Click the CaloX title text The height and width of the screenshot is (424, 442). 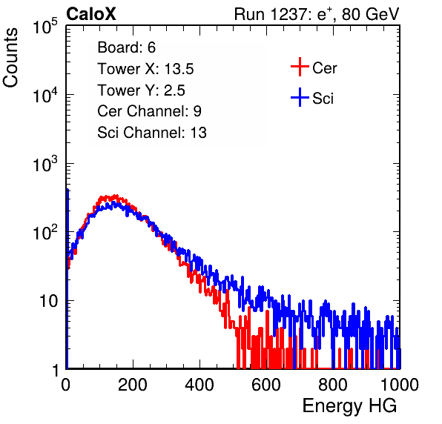click(91, 14)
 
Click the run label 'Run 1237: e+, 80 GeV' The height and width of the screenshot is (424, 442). click(317, 14)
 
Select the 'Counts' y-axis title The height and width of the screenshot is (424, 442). click(10, 58)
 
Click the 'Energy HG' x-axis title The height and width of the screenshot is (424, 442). click(349, 406)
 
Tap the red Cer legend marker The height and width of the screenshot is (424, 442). click(300, 67)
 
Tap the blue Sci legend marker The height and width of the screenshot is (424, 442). click(300, 98)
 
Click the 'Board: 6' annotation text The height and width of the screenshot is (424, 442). click(126, 47)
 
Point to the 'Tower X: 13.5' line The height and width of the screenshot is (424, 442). click(145, 69)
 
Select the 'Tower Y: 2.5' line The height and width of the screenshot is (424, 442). click(141, 90)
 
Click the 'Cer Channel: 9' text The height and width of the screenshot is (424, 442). click(149, 111)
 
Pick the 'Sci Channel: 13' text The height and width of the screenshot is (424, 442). click(152, 133)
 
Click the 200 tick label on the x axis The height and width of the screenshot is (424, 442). click(133, 385)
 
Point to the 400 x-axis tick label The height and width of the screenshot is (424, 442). click(199, 385)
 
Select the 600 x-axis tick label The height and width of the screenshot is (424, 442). click(266, 385)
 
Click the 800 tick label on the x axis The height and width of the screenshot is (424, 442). click(333, 385)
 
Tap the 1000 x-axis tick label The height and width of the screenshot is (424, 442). click(400, 385)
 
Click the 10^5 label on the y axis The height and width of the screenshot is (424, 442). click(45, 26)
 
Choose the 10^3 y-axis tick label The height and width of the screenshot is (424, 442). click(45, 164)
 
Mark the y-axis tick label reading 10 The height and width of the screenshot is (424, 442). click(49, 301)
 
